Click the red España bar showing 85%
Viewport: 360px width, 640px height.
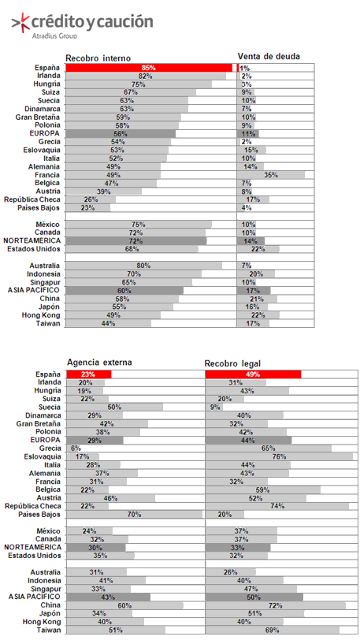(x=149, y=68)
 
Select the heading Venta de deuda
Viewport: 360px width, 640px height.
(x=269, y=56)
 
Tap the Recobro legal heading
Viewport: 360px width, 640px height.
(x=232, y=363)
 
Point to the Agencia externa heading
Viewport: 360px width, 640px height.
(x=99, y=362)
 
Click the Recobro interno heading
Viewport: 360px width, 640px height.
(x=98, y=58)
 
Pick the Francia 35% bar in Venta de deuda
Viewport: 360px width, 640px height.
(x=271, y=175)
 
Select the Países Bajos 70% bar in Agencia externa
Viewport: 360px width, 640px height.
(x=134, y=514)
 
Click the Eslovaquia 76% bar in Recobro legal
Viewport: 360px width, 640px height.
(x=279, y=456)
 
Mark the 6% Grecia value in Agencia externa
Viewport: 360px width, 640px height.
(x=76, y=448)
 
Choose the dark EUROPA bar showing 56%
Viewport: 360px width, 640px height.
(x=121, y=133)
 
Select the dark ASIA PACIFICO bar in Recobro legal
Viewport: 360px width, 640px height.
(x=254, y=597)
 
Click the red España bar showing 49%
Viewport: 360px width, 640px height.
(x=253, y=374)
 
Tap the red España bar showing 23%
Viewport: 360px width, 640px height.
(x=88, y=374)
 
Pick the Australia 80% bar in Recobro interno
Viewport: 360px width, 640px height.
(x=144, y=266)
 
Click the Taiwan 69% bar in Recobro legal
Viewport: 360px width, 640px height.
(x=273, y=630)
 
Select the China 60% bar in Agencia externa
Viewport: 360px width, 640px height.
(x=125, y=605)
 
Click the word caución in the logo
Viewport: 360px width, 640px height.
(x=125, y=22)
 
